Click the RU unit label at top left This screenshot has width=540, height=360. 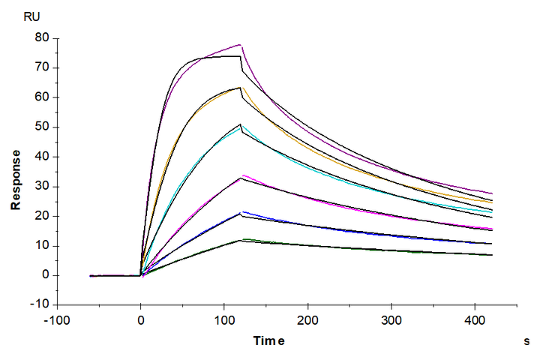pyautogui.click(x=33, y=15)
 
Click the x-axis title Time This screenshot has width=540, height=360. pyautogui.click(x=268, y=342)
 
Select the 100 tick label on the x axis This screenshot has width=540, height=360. pyautogui.click(x=223, y=319)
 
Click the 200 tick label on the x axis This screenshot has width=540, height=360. pyautogui.click(x=307, y=319)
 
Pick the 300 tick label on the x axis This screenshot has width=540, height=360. pyautogui.click(x=390, y=319)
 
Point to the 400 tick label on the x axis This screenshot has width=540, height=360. pyautogui.click(x=473, y=319)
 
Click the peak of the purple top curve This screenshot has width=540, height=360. pyautogui.click(x=240, y=45)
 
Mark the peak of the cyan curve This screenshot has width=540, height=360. pyautogui.click(x=241, y=128)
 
